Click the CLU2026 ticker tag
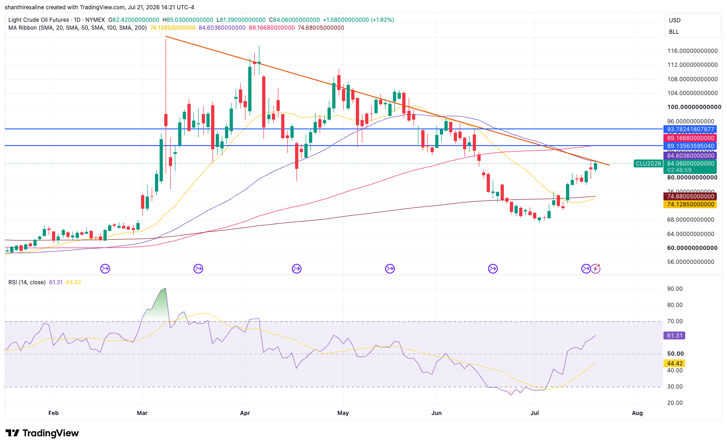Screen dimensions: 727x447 [x=648, y=164]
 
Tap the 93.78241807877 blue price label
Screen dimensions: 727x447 [x=690, y=129]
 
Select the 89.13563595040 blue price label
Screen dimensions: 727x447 [x=690, y=146]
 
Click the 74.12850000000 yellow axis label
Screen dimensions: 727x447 [x=690, y=204]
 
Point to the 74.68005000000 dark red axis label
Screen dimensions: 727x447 [x=690, y=197]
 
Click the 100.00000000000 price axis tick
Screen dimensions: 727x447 [x=694, y=107]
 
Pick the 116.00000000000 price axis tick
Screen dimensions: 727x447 [x=692, y=51]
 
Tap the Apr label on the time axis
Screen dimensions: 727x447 [x=245, y=413]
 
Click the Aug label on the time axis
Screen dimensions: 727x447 [x=637, y=413]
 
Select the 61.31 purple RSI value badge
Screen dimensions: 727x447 [x=675, y=335]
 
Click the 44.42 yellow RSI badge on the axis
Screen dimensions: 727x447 [x=675, y=364]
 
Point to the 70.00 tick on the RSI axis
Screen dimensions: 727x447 [x=675, y=321]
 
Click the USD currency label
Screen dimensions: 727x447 [x=675, y=20]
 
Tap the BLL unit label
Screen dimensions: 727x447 [x=674, y=32]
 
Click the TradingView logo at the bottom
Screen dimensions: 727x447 [x=42, y=433]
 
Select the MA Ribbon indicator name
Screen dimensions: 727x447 [x=22, y=28]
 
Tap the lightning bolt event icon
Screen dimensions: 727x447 [x=596, y=268]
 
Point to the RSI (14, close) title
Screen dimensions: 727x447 [x=27, y=282]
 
